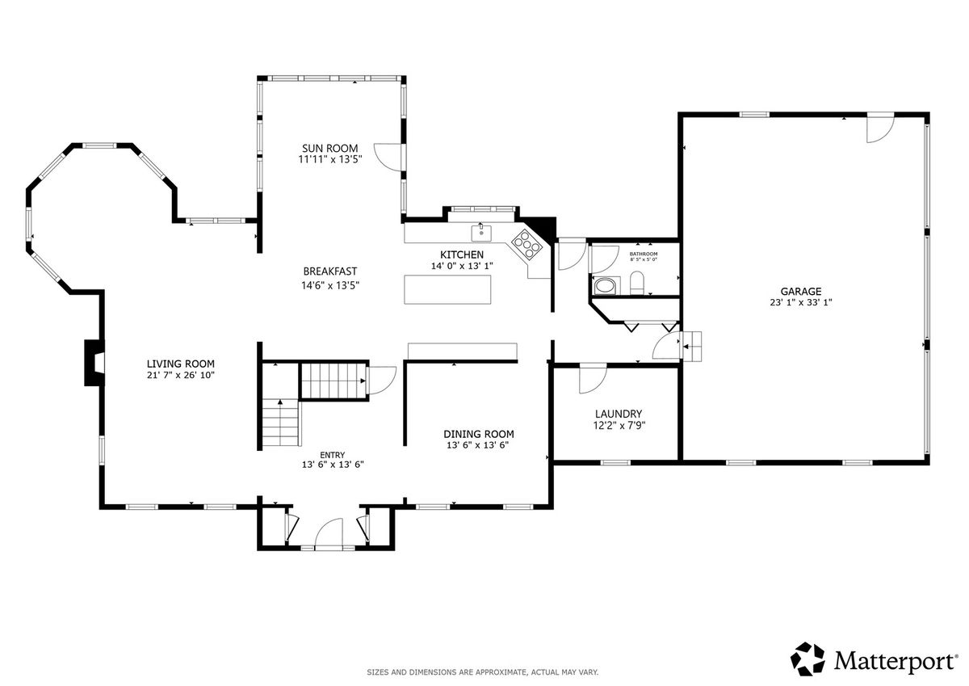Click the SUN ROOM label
329,148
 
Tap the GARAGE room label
801,291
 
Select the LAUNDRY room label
619,414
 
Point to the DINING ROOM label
478,434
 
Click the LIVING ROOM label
180,364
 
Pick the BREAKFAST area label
330,271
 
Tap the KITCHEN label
462,255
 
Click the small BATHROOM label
644,254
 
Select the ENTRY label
332,455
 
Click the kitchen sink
481,233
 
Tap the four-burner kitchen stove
526,245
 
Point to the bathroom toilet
636,283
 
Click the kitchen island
447,289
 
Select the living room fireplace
94,363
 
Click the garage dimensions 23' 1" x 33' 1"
801,302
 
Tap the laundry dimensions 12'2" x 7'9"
619,426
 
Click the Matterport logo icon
807,659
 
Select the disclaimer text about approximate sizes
482,672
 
